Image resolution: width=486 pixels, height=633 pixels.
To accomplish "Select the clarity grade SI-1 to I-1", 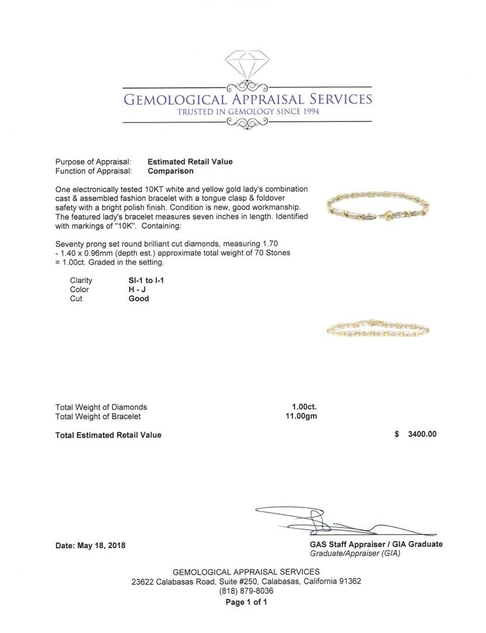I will point(147,280).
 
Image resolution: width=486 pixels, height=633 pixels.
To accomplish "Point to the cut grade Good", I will point(139,298).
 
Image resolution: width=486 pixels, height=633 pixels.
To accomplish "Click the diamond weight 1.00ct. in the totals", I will point(304,407).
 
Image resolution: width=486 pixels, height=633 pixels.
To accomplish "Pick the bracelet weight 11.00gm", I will point(301,416).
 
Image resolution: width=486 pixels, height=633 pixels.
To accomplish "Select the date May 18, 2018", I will point(90,545).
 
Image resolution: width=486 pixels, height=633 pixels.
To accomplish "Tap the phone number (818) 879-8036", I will point(246,591).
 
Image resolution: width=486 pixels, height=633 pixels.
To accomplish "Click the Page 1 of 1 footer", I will point(246,602).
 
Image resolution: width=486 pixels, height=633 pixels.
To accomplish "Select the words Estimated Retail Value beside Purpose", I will point(190,162).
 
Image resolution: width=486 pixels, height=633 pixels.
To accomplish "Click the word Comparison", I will point(171,171).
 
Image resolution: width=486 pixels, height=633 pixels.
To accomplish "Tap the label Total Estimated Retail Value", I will point(108,435).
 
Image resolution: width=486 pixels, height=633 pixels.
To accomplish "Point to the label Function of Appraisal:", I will point(93,171).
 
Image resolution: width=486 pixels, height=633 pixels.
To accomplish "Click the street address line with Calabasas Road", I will point(246,581).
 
